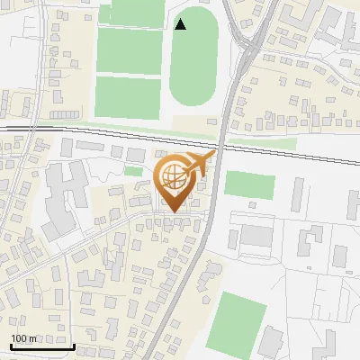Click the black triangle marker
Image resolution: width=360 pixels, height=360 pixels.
[181, 24]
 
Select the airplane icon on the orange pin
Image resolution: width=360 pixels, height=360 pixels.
[198, 165]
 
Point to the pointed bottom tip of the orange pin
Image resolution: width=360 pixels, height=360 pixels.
[176, 212]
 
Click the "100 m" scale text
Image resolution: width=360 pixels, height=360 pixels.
[24, 338]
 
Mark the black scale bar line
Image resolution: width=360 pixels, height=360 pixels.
[42, 346]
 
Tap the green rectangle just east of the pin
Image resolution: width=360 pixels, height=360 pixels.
[249, 185]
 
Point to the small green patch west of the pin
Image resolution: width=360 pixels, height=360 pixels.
[134, 171]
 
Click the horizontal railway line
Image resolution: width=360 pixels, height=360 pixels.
[90, 133]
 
